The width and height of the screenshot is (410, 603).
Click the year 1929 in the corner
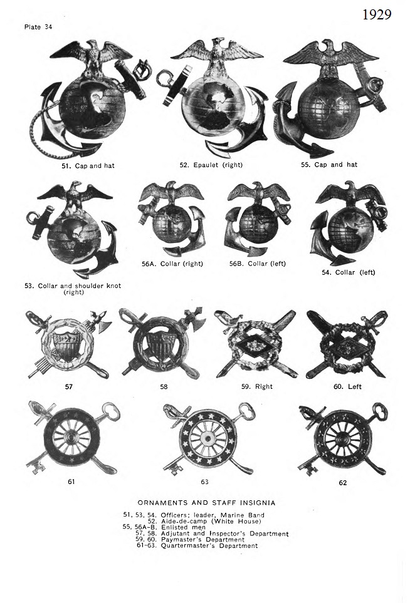click(377, 14)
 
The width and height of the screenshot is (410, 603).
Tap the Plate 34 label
click(38, 27)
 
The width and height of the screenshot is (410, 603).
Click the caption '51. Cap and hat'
click(92, 165)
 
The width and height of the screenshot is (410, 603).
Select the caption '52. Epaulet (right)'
click(211, 165)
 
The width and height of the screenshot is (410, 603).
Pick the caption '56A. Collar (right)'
click(172, 264)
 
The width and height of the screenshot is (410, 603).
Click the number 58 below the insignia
click(164, 387)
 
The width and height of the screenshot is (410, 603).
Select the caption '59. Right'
click(256, 387)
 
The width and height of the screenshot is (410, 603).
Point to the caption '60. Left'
click(347, 387)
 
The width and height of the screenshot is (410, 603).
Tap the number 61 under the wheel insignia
click(71, 482)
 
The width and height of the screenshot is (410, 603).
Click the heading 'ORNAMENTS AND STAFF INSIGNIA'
click(207, 502)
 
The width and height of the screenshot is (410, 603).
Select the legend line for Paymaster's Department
click(202, 539)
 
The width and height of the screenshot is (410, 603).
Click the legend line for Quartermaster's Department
click(197, 545)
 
